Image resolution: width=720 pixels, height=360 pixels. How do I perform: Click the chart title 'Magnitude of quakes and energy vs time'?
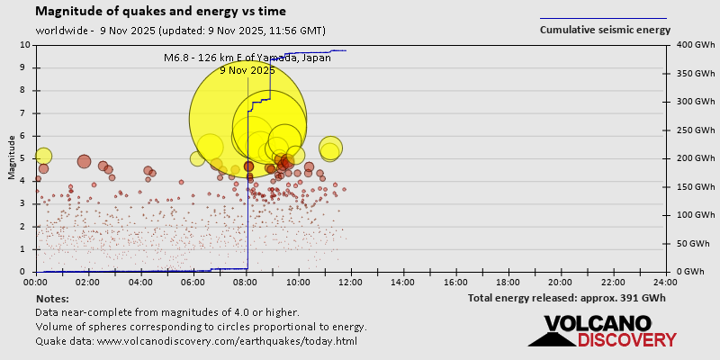[161, 12]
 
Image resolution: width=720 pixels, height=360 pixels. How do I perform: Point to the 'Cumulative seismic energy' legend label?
[605, 30]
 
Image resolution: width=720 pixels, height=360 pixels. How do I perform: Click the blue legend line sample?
[603, 18]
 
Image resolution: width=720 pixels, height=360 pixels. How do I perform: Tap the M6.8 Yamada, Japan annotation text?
[247, 58]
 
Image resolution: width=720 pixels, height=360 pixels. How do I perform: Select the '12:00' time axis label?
[351, 282]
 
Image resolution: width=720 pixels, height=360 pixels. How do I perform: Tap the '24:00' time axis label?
[665, 282]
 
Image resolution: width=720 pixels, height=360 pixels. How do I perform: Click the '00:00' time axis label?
[36, 282]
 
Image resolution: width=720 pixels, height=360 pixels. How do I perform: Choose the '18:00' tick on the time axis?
[508, 282]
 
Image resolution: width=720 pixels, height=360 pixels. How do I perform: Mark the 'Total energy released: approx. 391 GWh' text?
[566, 298]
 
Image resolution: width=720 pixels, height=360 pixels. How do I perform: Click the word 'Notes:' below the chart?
[52, 298]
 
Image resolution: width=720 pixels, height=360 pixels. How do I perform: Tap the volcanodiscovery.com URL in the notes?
[227, 341]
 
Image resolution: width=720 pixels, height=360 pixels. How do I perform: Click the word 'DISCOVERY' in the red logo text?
[626, 340]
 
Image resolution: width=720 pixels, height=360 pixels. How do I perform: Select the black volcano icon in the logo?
[552, 333]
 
